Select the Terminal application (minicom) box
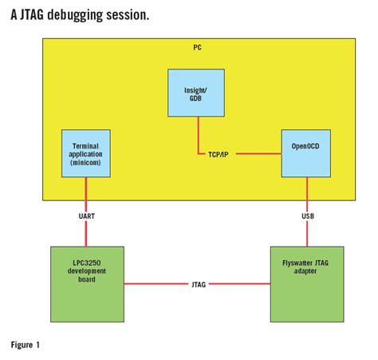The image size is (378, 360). click(85, 153)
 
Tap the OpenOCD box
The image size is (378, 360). click(305, 152)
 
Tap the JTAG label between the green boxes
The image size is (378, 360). click(199, 283)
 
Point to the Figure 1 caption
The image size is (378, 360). click(26, 345)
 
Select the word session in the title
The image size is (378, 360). click(129, 15)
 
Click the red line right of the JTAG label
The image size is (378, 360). click(239, 283)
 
